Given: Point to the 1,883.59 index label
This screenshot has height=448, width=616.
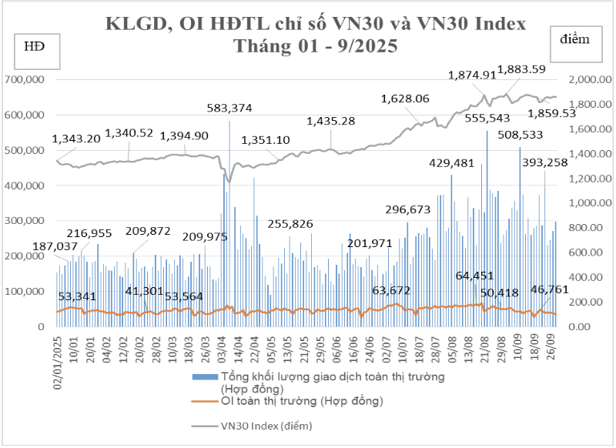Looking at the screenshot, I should (x=521, y=69).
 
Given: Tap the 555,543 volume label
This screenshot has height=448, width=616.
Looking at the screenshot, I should (x=487, y=118).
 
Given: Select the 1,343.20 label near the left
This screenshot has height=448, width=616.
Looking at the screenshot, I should (x=77, y=139).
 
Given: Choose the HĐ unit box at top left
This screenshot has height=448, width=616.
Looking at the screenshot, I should (x=34, y=47).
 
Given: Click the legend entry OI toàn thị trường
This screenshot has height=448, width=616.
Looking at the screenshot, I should (x=302, y=401).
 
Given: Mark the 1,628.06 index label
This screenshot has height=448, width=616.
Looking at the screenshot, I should (x=405, y=99).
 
